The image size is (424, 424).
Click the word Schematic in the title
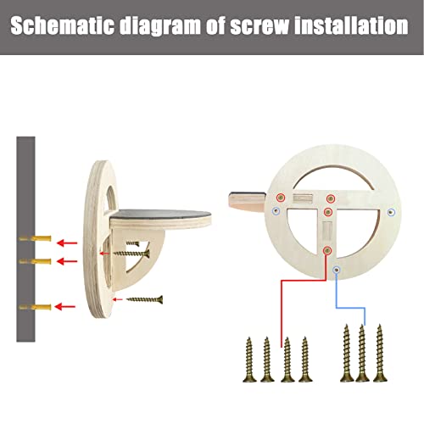click(62, 26)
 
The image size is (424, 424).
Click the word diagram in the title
click(160, 26)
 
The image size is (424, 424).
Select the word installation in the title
click(351, 26)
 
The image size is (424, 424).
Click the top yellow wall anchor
click(35, 238)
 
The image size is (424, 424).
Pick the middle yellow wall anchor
click(35, 261)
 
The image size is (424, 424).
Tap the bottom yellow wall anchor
click(35, 307)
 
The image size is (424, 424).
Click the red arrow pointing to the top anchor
click(67, 243)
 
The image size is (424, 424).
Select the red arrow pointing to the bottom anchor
click(65, 306)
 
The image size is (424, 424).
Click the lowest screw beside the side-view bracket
click(144, 299)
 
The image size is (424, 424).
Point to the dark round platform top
click(160, 215)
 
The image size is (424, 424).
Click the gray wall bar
click(25, 239)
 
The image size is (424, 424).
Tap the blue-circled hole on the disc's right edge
click(391, 212)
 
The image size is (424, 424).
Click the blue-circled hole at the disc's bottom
click(336, 271)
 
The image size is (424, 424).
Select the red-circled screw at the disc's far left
click(281, 198)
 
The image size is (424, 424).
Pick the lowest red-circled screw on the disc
click(327, 250)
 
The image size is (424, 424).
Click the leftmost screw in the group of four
click(249, 360)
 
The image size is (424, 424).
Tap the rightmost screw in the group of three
click(380, 353)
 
